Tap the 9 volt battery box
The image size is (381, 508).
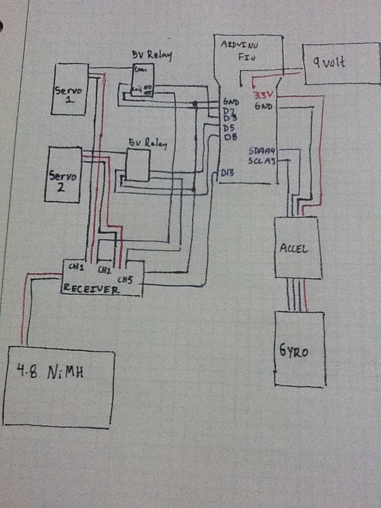click(341, 63)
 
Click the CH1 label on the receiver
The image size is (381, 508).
click(77, 268)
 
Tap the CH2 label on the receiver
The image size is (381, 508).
click(105, 270)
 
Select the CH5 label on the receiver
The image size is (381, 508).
click(125, 279)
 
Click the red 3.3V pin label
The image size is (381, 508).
click(262, 96)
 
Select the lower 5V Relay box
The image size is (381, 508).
click(138, 165)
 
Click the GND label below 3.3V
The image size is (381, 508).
click(263, 106)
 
